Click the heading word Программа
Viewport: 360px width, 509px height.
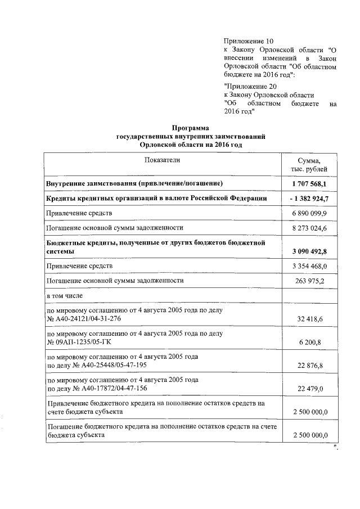(190, 128)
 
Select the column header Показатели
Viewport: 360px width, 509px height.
(161, 160)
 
